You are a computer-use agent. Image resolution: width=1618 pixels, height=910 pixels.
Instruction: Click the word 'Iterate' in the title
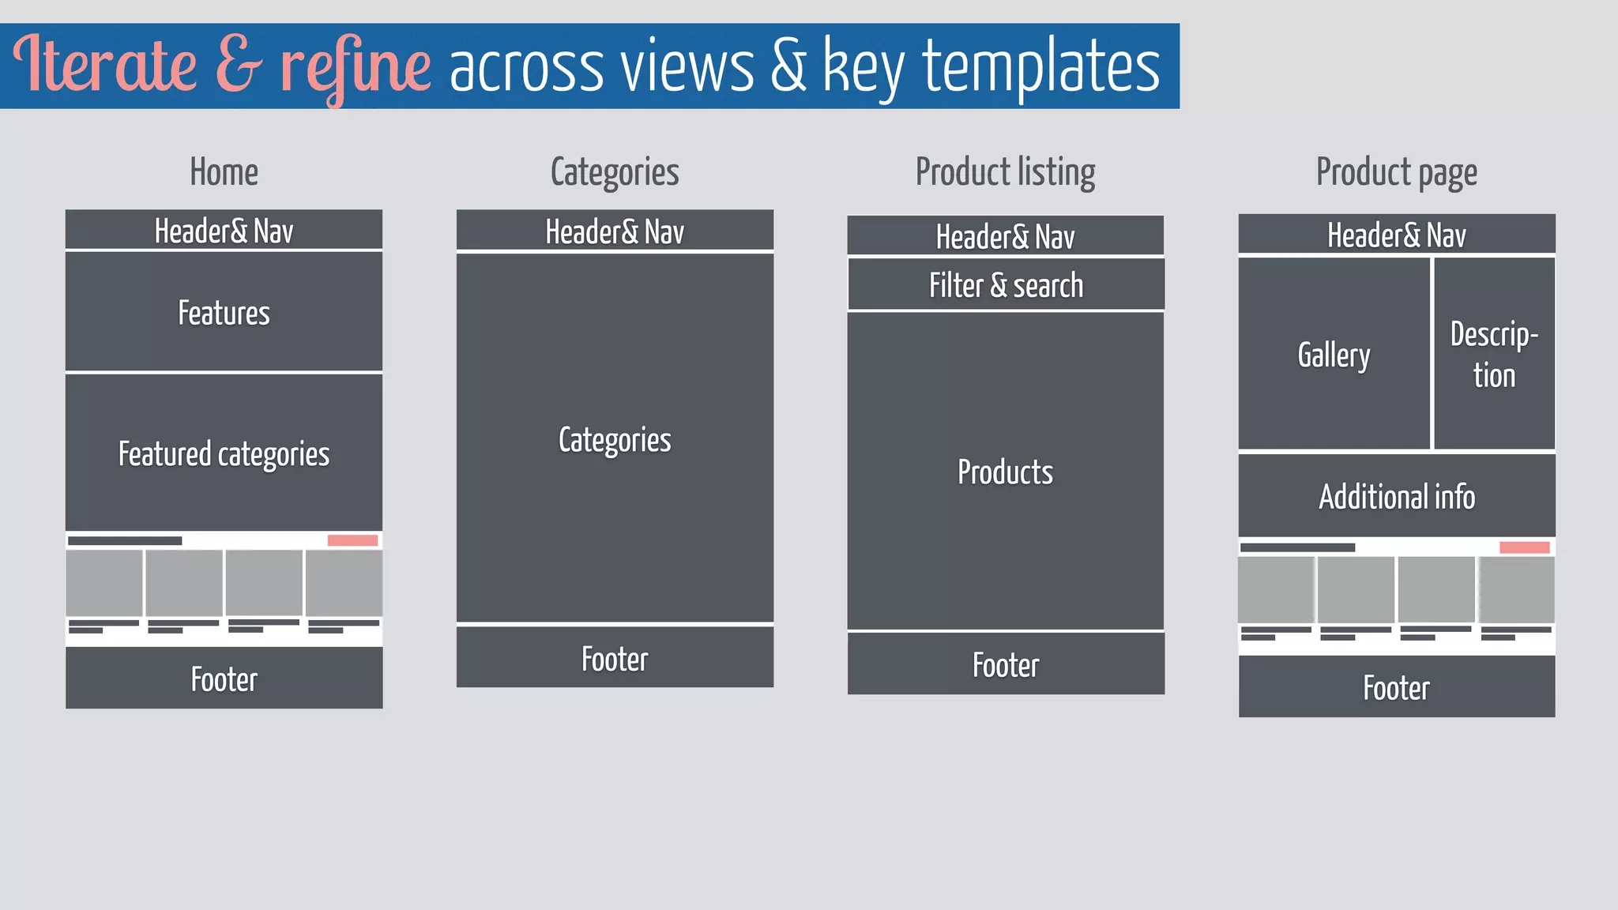tap(104, 65)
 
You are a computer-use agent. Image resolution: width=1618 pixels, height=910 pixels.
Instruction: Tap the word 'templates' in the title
tap(1041, 66)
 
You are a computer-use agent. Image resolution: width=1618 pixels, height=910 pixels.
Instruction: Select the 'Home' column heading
tap(224, 172)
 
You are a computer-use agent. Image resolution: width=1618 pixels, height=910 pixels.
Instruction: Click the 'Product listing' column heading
tap(1005, 172)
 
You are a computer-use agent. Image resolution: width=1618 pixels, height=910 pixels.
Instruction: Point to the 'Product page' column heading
tap(1396, 172)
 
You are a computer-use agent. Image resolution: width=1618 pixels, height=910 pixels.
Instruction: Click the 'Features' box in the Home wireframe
tap(224, 312)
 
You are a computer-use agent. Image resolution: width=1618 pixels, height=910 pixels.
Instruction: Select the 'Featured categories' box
tap(224, 453)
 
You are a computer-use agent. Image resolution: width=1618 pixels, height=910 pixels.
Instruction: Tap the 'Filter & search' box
tap(1006, 285)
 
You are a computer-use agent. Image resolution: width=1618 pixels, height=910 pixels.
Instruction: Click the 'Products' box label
tap(1005, 472)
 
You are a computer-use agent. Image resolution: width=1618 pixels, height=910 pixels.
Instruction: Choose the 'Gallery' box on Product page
tap(1334, 355)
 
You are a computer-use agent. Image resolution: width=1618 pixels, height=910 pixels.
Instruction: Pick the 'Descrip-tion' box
tap(1494, 355)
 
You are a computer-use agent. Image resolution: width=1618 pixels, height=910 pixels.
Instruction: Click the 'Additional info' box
tap(1396, 496)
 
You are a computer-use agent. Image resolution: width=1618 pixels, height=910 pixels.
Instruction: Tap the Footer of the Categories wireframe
tap(615, 658)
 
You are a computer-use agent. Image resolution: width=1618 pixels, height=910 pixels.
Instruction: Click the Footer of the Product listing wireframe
tap(1006, 664)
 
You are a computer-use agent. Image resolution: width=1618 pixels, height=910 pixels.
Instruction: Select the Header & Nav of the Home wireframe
tap(224, 231)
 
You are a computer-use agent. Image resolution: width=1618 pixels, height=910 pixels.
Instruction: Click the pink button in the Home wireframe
tap(352, 540)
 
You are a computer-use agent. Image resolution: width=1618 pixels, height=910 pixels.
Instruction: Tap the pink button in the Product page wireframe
tap(1524, 547)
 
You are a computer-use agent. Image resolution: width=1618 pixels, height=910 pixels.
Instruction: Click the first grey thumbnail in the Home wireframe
tap(104, 583)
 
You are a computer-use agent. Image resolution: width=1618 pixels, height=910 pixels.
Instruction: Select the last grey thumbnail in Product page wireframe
tap(1516, 589)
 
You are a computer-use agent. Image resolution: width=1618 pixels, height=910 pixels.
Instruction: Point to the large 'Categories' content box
tap(615, 439)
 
